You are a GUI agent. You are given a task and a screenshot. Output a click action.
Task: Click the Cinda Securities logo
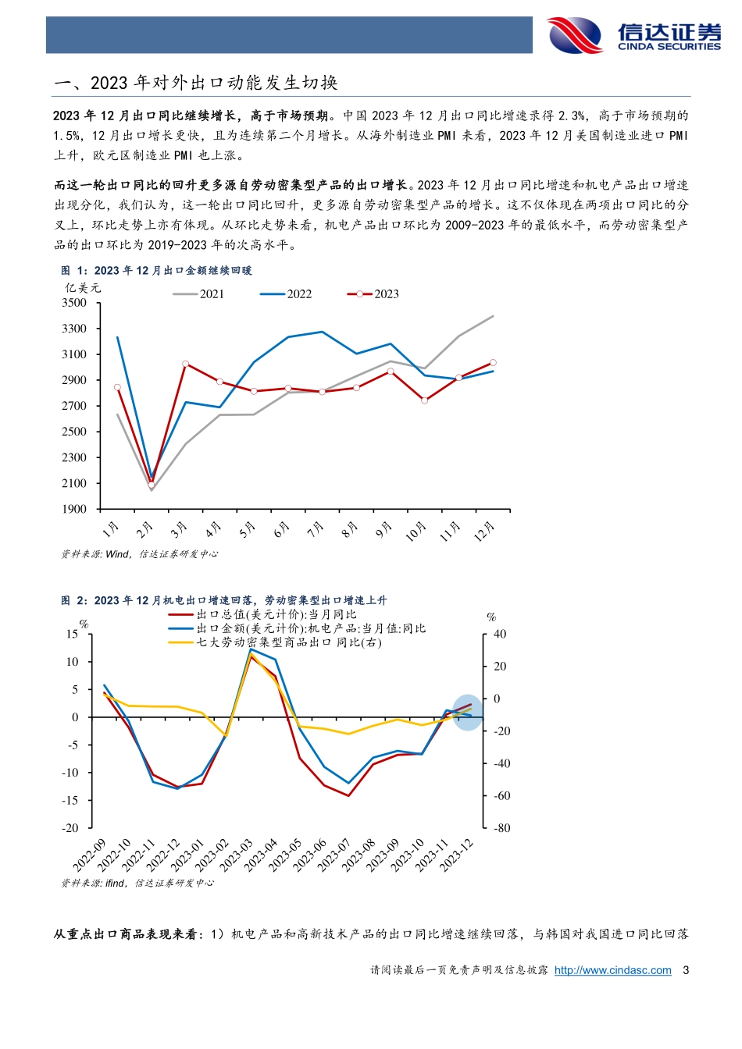point(633,35)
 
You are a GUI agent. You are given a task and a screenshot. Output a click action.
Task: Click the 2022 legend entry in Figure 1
point(286,294)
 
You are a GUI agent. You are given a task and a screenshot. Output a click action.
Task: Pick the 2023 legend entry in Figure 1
point(373,294)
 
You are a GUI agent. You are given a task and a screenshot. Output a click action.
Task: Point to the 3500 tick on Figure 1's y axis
point(74,303)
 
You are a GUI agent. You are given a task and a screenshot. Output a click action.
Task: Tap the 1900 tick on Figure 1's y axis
point(74,509)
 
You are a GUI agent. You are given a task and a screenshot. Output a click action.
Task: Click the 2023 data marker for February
point(152,485)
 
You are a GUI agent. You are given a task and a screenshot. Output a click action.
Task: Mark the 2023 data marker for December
point(493,362)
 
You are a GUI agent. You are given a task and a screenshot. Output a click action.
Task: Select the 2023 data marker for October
point(424,400)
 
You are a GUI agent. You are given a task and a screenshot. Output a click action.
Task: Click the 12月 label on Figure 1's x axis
point(485,531)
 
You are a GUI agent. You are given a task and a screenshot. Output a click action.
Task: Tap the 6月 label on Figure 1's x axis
point(282,530)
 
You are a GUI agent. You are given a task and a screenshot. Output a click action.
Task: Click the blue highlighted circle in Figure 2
point(468,712)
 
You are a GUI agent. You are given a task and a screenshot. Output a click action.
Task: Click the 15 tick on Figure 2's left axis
point(72,635)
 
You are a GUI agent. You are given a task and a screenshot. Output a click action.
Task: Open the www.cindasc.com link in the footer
point(612,970)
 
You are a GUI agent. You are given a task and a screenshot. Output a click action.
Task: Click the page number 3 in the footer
point(686,970)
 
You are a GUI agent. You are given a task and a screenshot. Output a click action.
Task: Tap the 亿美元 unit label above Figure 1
point(83,288)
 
